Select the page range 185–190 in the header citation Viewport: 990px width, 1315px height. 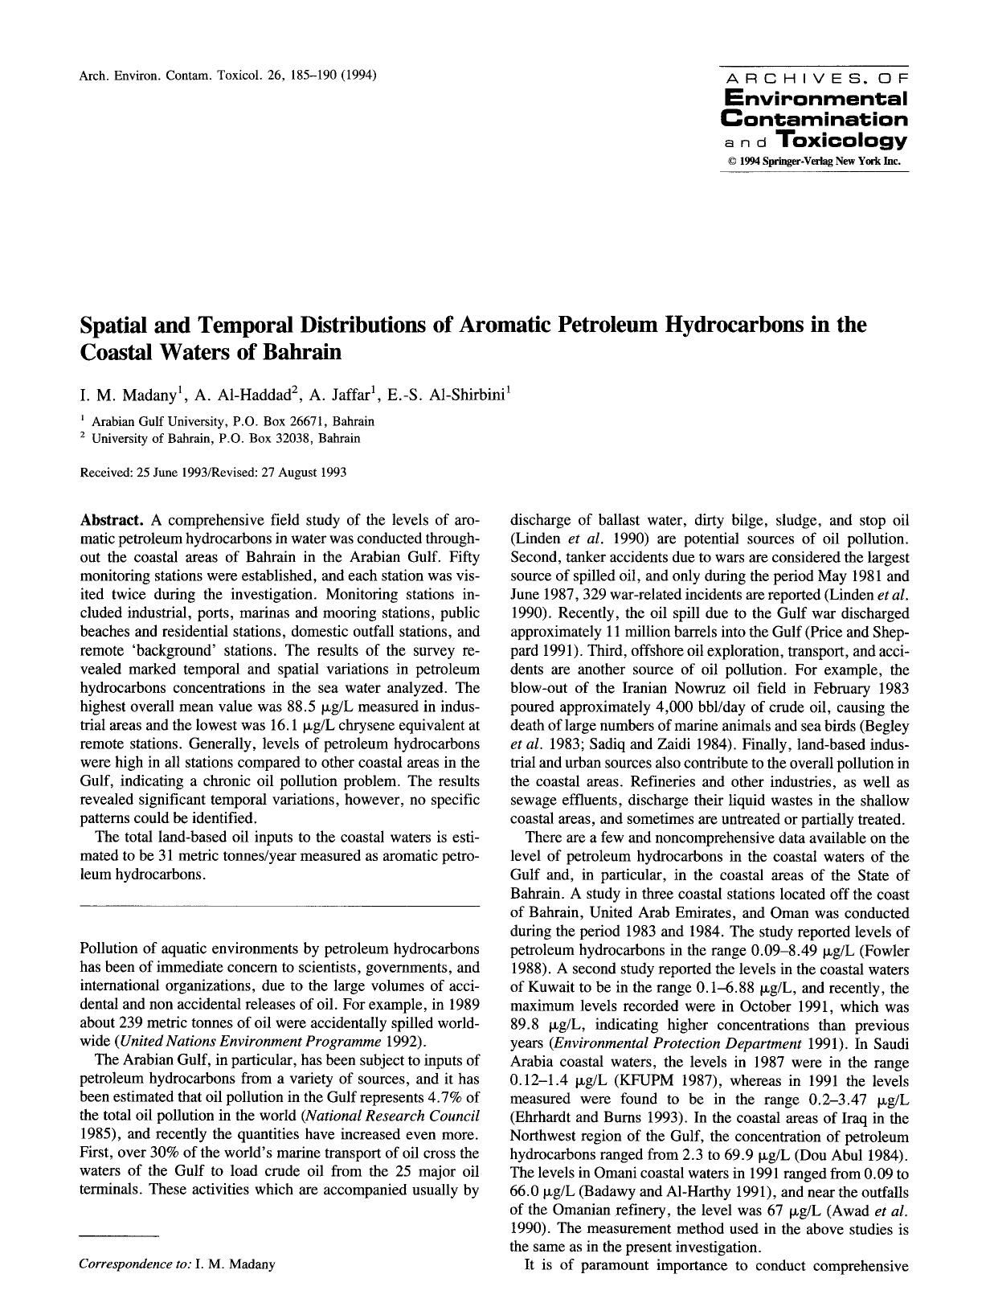coord(303,76)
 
